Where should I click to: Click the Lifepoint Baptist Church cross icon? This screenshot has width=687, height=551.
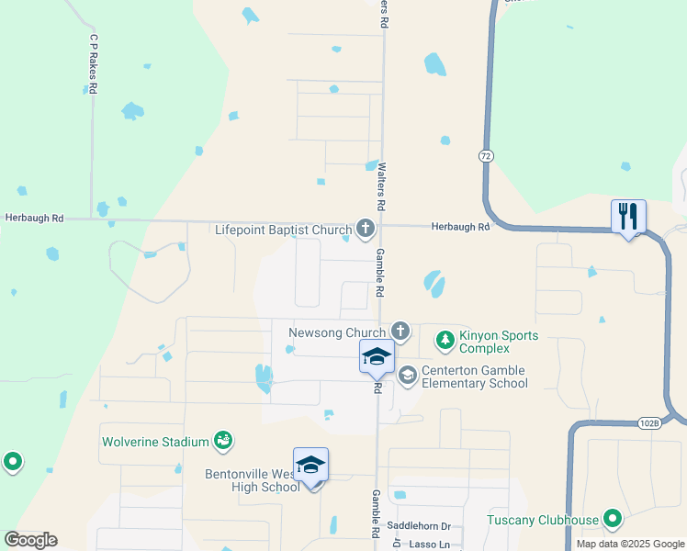[x=366, y=229]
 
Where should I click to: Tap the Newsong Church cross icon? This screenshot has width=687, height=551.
[x=400, y=331]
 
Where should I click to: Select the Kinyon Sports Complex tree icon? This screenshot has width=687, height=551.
[x=445, y=342]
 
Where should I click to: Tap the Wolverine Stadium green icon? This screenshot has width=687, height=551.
[x=222, y=442]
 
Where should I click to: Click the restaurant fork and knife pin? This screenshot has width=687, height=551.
[x=628, y=217]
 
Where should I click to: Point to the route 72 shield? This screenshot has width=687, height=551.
[x=485, y=156]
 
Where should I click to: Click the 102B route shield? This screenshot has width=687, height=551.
[x=648, y=423]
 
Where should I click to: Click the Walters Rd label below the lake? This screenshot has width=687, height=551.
[x=382, y=183]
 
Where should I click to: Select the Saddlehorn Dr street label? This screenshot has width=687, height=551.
[x=419, y=526]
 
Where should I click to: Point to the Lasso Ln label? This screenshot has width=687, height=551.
[x=424, y=544]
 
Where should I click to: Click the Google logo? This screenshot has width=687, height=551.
[x=30, y=540]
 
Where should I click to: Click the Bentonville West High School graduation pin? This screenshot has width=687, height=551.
[x=310, y=466]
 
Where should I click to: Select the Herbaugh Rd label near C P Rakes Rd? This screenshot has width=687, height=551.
[x=34, y=219]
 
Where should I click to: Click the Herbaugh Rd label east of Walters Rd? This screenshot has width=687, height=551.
[x=458, y=227]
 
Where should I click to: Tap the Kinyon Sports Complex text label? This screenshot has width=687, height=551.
[x=499, y=342]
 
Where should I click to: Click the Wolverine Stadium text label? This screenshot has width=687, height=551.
[x=155, y=442]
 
